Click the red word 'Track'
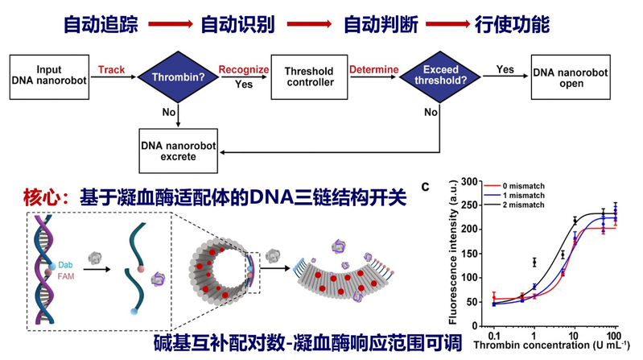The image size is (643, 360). (x=111, y=71)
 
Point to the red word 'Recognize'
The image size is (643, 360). (x=243, y=71)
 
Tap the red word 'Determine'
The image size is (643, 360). (x=373, y=71)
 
